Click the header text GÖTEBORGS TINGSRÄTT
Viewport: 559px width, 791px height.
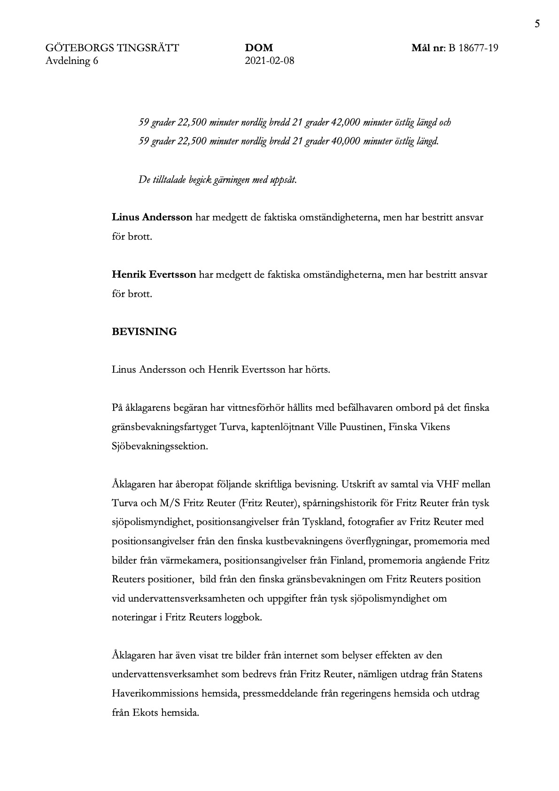(x=112, y=48)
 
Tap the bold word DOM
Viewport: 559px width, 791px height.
(x=259, y=48)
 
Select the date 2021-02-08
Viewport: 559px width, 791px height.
(x=270, y=61)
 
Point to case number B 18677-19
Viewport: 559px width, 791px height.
(x=473, y=48)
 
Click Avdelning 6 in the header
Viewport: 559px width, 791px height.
(x=72, y=61)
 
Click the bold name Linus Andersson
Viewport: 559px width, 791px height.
(x=152, y=218)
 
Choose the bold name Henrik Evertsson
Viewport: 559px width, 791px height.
(x=154, y=274)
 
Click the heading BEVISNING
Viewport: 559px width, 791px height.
(x=144, y=332)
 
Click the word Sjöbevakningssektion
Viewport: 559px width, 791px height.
(x=160, y=446)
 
